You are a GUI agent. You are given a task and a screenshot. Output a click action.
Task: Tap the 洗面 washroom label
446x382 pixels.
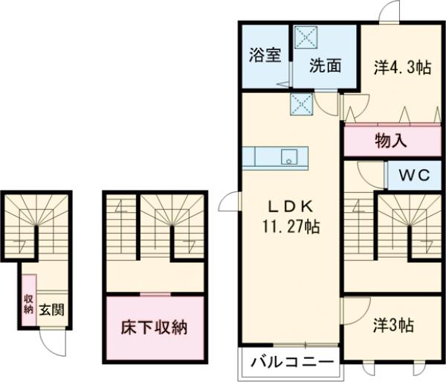[x=325, y=66]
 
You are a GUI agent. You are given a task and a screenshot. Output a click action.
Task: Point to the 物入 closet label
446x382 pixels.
[x=392, y=139]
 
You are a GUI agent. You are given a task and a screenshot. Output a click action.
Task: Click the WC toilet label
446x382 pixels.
[x=416, y=176]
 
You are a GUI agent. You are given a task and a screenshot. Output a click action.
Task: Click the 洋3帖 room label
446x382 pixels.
[x=392, y=325]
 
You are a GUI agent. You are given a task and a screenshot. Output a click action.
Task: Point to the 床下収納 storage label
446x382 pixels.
[x=154, y=327]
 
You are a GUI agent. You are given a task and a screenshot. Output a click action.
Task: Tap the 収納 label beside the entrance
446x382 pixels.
[x=28, y=305]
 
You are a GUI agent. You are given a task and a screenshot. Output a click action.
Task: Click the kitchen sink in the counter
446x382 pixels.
[x=288, y=157]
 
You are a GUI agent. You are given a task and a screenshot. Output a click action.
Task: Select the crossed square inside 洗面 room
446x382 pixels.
[x=306, y=36]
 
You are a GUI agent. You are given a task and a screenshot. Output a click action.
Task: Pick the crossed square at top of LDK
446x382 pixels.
[x=301, y=104]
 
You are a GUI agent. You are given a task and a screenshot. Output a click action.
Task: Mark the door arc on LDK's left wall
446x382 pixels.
[x=230, y=203]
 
